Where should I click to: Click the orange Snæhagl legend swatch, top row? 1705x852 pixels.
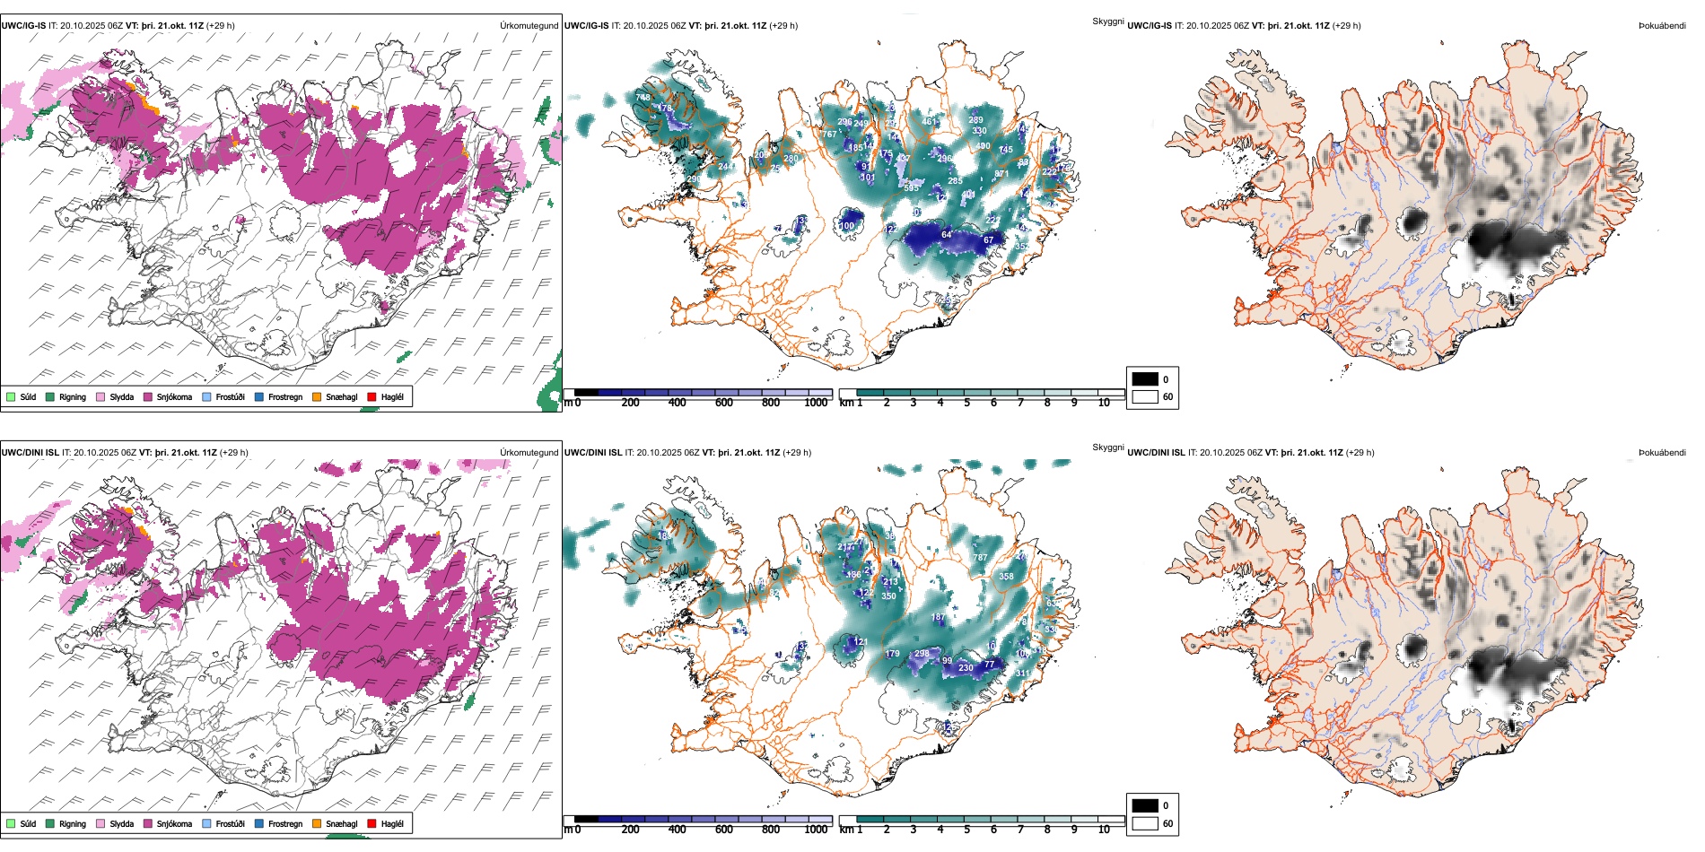(317, 396)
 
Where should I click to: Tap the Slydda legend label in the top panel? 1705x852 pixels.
(121, 396)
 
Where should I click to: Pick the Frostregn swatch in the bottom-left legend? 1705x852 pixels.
(259, 823)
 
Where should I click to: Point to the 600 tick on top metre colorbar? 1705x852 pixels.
(723, 403)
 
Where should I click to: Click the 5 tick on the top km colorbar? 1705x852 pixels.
(966, 403)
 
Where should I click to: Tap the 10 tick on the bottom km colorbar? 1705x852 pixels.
(1104, 830)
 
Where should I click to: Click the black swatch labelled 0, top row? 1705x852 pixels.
(1145, 378)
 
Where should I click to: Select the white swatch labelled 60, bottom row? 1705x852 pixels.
(1145, 823)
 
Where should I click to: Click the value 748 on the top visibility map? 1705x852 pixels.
(643, 98)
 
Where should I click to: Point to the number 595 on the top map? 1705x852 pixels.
(912, 188)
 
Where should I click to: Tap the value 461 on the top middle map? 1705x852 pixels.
(929, 121)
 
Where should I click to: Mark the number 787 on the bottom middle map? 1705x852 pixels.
(980, 558)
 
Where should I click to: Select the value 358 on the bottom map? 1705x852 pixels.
(1006, 577)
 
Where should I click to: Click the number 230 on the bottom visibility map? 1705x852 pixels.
(966, 667)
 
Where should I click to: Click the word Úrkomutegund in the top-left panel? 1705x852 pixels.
(529, 26)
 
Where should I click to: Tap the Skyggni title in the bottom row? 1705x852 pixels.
(1107, 448)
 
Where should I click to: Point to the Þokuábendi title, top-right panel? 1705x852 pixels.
(1662, 26)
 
